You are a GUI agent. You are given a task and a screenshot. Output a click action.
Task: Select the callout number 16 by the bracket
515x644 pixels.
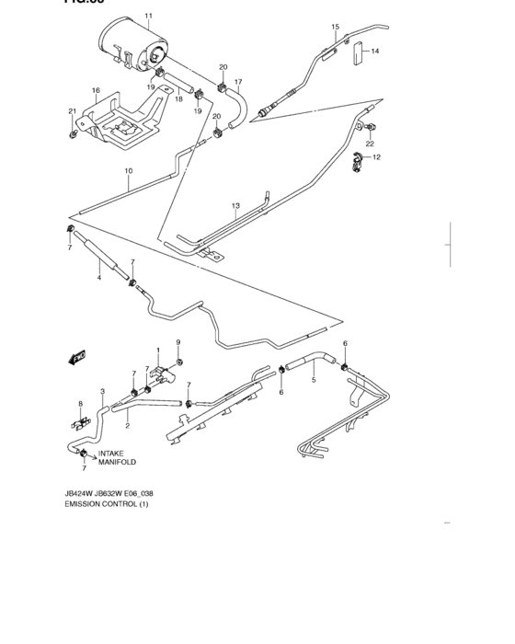(95, 90)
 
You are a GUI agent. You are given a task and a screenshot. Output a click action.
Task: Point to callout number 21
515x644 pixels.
(71, 111)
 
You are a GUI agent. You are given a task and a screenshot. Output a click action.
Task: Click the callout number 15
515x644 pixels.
(335, 27)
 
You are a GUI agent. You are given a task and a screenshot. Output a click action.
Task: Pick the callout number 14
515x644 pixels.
(375, 52)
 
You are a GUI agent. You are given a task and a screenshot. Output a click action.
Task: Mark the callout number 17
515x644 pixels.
(237, 82)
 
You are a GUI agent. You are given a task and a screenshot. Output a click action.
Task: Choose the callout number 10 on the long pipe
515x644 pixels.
(129, 170)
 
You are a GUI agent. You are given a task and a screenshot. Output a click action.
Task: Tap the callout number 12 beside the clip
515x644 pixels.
(376, 158)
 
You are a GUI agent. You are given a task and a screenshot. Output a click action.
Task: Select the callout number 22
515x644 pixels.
(370, 144)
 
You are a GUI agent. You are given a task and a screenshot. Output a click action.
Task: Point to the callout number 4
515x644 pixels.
(99, 277)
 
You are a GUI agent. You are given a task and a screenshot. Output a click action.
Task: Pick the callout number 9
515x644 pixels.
(178, 343)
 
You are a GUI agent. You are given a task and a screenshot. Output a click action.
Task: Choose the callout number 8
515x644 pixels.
(80, 404)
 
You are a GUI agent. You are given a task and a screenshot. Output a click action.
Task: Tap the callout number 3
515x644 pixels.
(103, 392)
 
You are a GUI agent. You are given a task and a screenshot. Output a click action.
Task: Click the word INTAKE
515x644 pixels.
(111, 453)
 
